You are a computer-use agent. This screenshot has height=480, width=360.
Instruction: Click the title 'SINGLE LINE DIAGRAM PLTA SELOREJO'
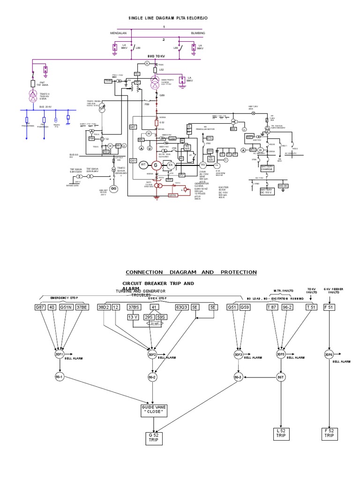pyautogui.click(x=168, y=17)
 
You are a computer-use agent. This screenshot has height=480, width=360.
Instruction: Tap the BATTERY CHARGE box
pyautogui.click(x=267, y=168)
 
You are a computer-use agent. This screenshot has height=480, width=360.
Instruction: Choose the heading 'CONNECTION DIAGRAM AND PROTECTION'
pyautogui.click(x=191, y=272)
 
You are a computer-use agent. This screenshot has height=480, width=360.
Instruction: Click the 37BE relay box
pyautogui.click(x=81, y=307)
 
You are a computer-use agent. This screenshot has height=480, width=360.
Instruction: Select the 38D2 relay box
pyautogui.click(x=103, y=307)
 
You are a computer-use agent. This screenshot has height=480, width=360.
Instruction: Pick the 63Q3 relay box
pyautogui.click(x=182, y=307)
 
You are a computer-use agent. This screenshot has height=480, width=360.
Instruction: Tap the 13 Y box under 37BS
pyautogui.click(x=133, y=316)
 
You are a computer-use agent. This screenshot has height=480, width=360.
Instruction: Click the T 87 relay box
pyautogui.click(x=272, y=307)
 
